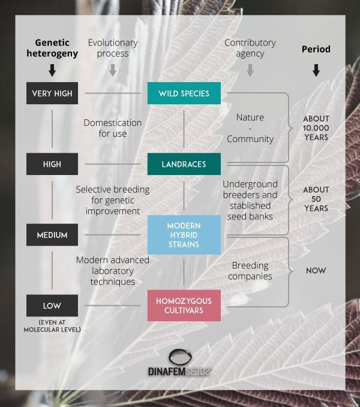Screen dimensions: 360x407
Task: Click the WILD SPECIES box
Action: (x=184, y=93)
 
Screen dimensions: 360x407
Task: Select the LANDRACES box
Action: (x=184, y=164)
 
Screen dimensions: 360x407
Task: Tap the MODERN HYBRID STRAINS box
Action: (x=184, y=234)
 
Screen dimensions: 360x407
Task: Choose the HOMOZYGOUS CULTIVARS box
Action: (x=184, y=306)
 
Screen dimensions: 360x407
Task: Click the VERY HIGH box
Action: (x=52, y=93)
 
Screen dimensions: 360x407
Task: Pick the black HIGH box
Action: (x=52, y=164)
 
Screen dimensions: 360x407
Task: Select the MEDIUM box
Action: (x=52, y=234)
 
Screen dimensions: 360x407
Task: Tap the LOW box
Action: (x=52, y=306)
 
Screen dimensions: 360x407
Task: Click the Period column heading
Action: (x=316, y=49)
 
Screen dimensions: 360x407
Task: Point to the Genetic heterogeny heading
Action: (x=52, y=48)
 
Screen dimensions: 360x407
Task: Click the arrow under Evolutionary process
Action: (x=112, y=70)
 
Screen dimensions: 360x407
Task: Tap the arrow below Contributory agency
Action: (x=250, y=70)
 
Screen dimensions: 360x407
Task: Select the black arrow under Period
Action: (x=316, y=70)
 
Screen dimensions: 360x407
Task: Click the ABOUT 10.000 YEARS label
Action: (x=316, y=128)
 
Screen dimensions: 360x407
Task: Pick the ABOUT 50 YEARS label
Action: (x=316, y=199)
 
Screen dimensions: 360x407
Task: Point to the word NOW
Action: (x=316, y=271)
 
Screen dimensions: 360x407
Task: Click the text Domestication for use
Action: (x=112, y=128)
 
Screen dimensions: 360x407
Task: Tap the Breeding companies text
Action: (x=250, y=271)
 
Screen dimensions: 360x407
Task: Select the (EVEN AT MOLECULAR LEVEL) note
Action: (x=52, y=326)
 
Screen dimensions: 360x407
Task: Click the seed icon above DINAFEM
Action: (x=180, y=357)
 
